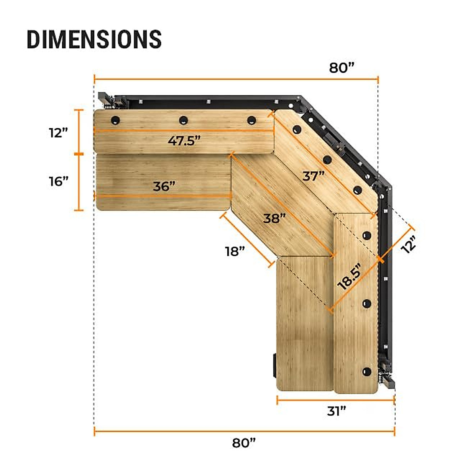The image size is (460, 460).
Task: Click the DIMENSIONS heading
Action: [94, 39]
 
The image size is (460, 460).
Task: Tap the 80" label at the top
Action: [342, 68]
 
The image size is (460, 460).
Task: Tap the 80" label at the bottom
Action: [244, 443]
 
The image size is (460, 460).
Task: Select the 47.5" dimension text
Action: [184, 141]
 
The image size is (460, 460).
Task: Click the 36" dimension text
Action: [164, 187]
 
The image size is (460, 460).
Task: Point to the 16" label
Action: [59, 181]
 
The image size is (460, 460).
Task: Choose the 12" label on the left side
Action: [58, 133]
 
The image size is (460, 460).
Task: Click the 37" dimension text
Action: [314, 176]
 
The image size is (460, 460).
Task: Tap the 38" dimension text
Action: [274, 219]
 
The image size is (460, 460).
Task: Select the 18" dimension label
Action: [235, 252]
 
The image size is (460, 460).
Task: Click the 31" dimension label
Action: [337, 411]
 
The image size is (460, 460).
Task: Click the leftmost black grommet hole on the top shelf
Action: [115, 120]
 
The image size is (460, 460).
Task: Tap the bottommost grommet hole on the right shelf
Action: [367, 371]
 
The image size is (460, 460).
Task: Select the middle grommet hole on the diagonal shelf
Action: [327, 159]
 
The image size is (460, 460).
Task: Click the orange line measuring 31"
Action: [335, 401]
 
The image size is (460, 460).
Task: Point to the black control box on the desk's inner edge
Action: [274, 365]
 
